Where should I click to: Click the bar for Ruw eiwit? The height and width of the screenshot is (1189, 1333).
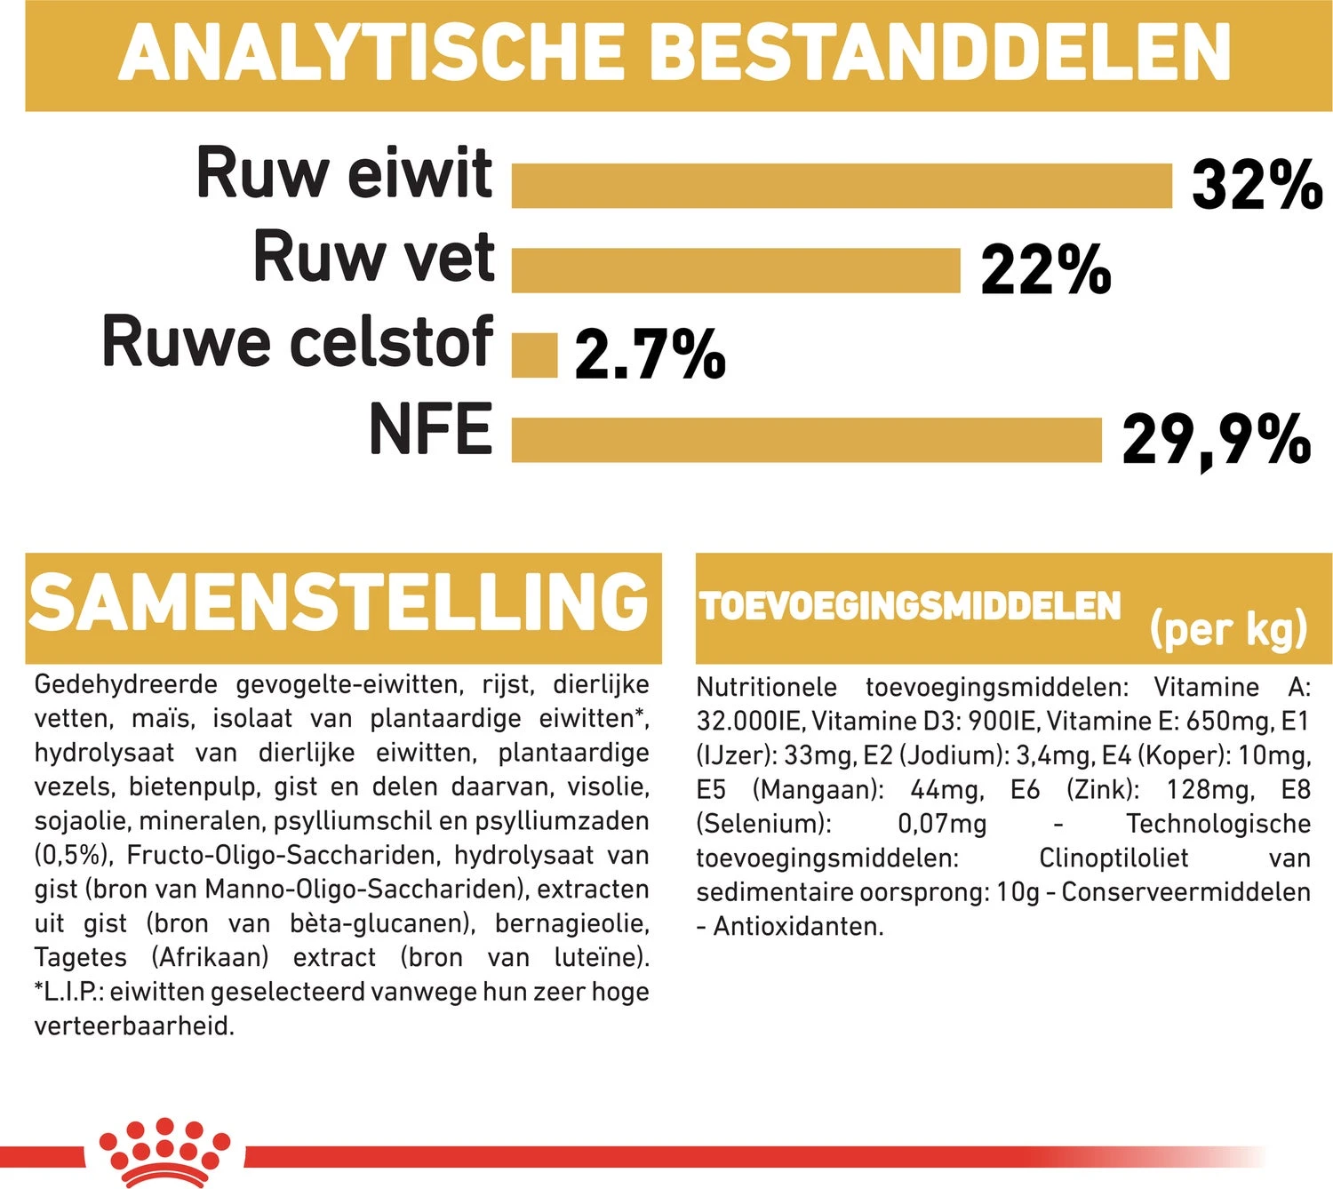coord(842,186)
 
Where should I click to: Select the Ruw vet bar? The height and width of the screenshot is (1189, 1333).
coord(736,270)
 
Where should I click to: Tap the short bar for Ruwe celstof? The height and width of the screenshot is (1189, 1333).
coord(534,355)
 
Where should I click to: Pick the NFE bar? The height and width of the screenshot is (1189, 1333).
coord(806,440)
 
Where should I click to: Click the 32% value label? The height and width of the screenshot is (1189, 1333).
coord(1257,185)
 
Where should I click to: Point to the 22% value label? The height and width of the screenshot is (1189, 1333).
coord(1046,270)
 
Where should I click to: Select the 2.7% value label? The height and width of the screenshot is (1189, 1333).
coord(650,354)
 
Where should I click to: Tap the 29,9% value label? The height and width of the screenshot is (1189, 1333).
coord(1216,439)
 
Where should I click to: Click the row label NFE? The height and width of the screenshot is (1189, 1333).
coord(430,430)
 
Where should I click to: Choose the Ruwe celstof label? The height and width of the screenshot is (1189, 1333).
coord(298,342)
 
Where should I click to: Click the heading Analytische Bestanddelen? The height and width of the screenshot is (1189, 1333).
coord(674,53)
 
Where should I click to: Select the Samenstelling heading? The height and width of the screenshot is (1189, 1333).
coord(339,602)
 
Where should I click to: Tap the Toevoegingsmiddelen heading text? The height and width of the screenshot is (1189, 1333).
coord(910,606)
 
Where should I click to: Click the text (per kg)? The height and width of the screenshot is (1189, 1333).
coord(1228,630)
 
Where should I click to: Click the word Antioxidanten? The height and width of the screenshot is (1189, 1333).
coord(798,927)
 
